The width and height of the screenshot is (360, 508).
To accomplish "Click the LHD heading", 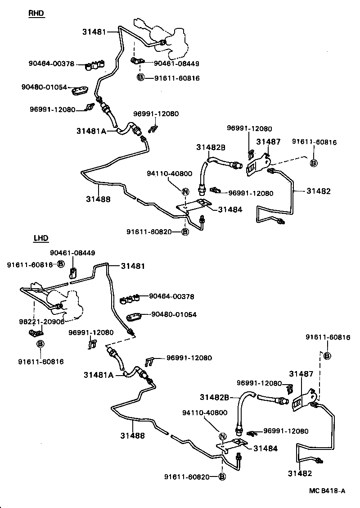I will [41, 238].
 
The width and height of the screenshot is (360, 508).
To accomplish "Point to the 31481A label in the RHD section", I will [91, 131].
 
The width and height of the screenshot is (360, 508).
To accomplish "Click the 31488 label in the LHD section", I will [132, 435].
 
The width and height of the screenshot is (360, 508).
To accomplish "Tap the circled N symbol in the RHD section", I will [184, 191].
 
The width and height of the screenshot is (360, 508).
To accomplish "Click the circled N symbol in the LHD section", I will [222, 436].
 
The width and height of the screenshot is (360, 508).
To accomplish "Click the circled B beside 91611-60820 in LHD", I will [222, 477].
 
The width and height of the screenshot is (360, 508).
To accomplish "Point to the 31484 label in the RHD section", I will [229, 209].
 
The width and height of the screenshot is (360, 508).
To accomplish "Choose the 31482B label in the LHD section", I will [215, 397].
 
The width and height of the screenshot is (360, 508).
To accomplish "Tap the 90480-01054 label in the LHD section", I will [174, 314].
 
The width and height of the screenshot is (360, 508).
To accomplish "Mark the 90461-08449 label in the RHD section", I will [176, 64].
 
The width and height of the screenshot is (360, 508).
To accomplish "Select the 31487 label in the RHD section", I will [268, 142].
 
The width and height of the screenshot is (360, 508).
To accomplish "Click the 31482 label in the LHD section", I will [300, 473].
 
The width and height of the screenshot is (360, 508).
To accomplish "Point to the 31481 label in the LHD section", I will [133, 266].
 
